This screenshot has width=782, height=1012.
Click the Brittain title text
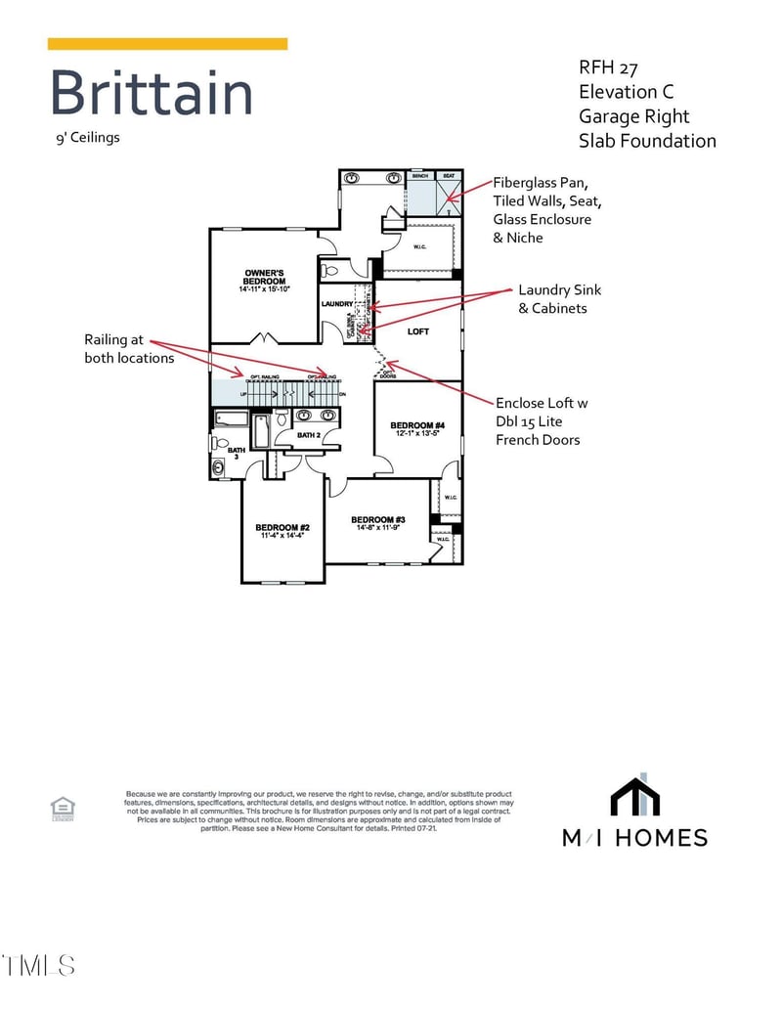click(x=151, y=94)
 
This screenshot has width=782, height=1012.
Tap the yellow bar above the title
click(x=167, y=44)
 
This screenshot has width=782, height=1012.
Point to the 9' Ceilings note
click(x=87, y=137)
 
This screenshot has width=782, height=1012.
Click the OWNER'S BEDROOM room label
click(x=264, y=277)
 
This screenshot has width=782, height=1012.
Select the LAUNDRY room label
click(x=336, y=304)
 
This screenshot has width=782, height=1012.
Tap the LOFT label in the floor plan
click(x=417, y=331)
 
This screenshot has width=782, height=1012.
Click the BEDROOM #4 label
click(x=417, y=425)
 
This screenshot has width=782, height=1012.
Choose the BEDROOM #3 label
click(x=377, y=519)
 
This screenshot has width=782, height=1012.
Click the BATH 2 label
click(x=309, y=435)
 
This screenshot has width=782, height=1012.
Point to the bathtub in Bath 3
click(x=232, y=419)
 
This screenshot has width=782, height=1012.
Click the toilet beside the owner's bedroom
click(x=329, y=270)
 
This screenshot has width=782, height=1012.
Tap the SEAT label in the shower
click(x=449, y=176)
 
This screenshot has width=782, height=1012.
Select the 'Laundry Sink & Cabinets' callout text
click(x=559, y=299)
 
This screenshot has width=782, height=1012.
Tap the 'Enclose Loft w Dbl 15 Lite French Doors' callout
click(x=542, y=421)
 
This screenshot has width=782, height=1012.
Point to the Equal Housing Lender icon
click(x=63, y=807)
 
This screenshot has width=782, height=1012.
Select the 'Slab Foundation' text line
click(x=646, y=141)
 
